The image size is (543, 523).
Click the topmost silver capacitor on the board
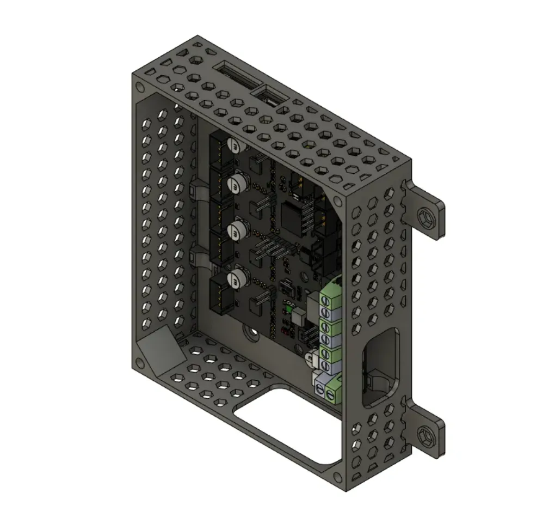click(234, 145)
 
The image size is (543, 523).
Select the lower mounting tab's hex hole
click(428, 435)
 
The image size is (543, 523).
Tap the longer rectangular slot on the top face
click(237, 75)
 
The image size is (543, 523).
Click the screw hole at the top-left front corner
click(140, 87)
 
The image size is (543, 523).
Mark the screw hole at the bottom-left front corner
click(140, 362)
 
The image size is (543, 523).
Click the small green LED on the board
click(287, 309)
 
